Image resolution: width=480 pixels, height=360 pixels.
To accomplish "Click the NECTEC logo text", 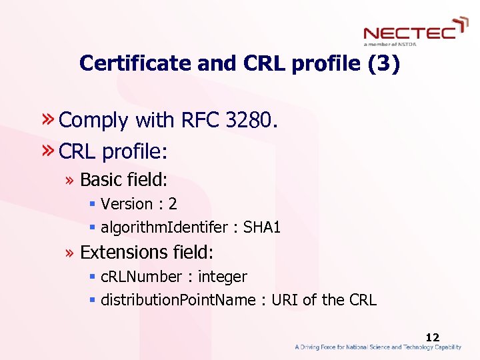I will tap(409, 32).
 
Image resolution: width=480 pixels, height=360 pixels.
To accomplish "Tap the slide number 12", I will tap(433, 338).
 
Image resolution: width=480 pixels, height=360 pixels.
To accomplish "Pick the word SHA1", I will tap(262, 228).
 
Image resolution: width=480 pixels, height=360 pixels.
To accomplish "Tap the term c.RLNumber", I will tap(141, 277).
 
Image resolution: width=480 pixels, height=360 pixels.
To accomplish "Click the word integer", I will tap(222, 277).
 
